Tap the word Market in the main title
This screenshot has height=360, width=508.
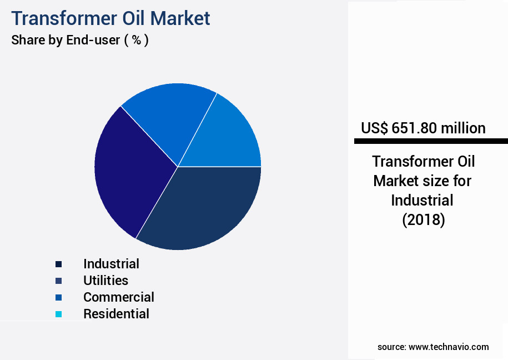click(180, 18)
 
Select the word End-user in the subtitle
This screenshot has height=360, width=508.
click(93, 40)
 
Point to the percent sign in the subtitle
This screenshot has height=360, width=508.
click(137, 40)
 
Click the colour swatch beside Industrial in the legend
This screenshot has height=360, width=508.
click(59, 264)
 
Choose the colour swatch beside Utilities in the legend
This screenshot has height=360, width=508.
click(59, 281)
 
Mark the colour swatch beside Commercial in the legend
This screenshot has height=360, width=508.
click(59, 297)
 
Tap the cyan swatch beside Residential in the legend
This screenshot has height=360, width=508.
click(59, 314)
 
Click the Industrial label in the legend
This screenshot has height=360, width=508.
click(112, 264)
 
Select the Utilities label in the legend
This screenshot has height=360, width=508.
click(106, 281)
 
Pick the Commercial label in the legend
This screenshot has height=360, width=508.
click(119, 297)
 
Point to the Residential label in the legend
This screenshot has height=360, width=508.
click(116, 314)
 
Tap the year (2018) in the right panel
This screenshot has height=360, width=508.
click(424, 220)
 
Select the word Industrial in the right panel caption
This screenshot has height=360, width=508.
click(422, 201)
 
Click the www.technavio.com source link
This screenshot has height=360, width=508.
click(449, 347)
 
